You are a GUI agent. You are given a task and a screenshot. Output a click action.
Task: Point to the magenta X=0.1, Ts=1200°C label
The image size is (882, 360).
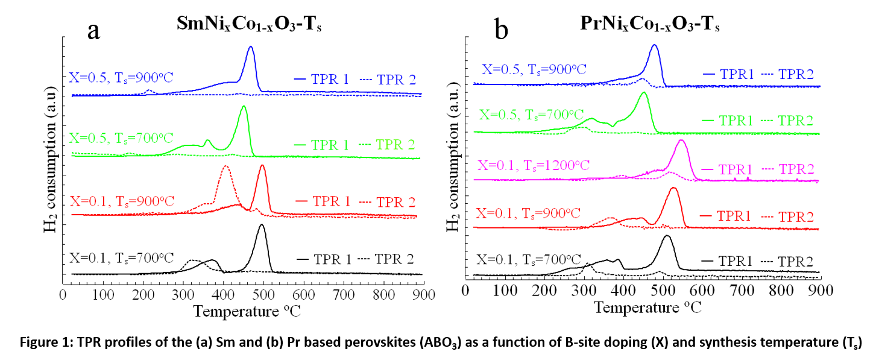pyautogui.click(x=533, y=164)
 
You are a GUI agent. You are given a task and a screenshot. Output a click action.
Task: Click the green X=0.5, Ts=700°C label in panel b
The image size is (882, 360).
pyautogui.click(x=532, y=115)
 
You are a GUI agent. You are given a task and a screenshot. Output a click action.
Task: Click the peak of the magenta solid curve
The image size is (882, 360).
pyautogui.click(x=681, y=141)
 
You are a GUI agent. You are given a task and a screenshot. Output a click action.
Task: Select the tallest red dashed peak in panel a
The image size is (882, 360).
pyautogui.click(x=225, y=166)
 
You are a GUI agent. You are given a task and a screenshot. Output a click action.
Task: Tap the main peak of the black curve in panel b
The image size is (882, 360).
pyautogui.click(x=666, y=236)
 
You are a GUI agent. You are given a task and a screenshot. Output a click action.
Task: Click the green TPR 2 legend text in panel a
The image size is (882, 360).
pyautogui.click(x=395, y=145)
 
